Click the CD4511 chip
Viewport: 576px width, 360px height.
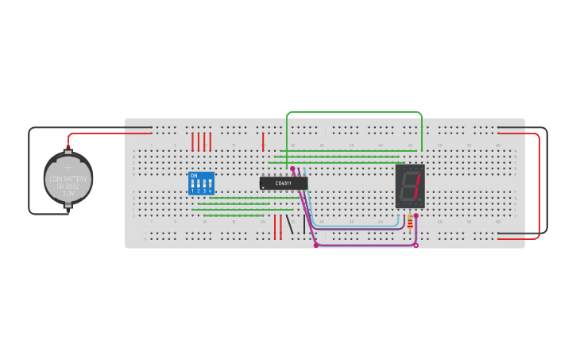pos(284,184)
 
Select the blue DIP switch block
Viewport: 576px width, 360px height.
pos(201,184)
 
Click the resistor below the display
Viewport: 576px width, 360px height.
pos(410,221)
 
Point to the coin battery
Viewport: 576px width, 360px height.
pos(68,179)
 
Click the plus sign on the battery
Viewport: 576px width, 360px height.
pos(68,168)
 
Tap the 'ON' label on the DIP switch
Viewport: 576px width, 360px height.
pos(194,176)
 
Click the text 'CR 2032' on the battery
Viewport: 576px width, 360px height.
pos(68,186)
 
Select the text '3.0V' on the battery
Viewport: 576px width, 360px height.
pos(68,193)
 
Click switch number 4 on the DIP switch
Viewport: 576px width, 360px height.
pos(210,191)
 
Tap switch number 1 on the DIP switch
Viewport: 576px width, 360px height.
pos(192,191)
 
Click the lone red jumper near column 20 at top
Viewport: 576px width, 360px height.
pos(263,141)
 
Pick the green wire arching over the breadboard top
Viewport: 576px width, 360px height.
pos(354,113)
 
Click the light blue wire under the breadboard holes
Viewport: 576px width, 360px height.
pos(358,226)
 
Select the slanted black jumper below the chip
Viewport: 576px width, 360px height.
pos(289,224)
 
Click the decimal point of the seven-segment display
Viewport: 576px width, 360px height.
pos(420,200)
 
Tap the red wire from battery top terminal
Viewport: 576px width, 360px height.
pos(103,134)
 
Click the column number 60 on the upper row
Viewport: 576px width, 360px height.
pos(498,145)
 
